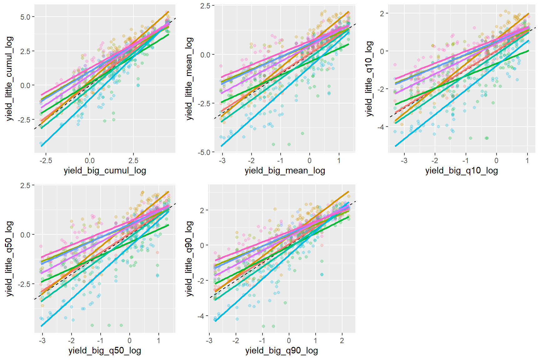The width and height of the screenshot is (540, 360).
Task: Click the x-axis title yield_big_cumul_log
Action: pos(105,171)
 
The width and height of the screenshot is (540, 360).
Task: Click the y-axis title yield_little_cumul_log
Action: pos(9,78)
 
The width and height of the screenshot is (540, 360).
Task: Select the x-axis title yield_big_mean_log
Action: pos(285,171)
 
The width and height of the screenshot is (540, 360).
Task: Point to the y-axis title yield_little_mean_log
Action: pos(189,78)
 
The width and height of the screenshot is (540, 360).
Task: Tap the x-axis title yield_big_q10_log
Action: pos(462,171)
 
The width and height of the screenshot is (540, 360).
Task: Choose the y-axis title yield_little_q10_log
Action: pos(369,78)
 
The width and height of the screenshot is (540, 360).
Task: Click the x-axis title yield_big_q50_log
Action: pos(105,351)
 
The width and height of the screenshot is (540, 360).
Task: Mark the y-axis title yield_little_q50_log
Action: pos(9,259)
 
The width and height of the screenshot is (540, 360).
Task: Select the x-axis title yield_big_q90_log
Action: pos(282,351)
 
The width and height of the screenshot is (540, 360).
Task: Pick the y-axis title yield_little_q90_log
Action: pos(189,259)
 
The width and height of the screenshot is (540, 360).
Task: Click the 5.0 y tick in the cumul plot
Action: pos(25,17)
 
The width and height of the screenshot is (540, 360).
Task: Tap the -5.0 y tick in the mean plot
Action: pos(205,152)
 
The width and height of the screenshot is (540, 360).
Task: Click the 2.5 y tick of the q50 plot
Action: pos(25,185)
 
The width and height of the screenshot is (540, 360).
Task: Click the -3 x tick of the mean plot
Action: pos(222,161)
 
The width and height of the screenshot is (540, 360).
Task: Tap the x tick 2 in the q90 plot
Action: pos(342,341)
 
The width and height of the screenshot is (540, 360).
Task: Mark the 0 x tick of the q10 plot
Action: pos(497,161)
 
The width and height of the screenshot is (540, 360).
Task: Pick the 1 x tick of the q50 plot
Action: pos(158,341)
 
